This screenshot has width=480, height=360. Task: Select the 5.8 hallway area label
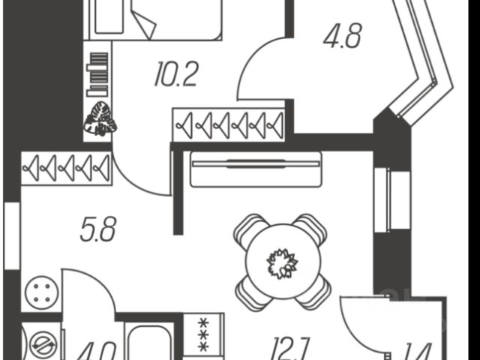(97, 229)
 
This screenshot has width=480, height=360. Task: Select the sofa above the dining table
(256, 169)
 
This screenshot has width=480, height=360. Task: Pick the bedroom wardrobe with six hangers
(229, 124)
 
